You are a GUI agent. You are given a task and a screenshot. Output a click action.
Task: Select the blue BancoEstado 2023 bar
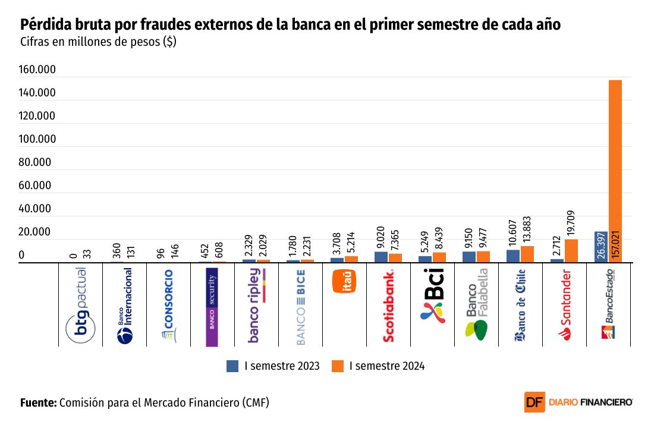tap(600, 247)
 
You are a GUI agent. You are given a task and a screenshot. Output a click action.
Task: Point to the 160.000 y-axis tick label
tap(37, 70)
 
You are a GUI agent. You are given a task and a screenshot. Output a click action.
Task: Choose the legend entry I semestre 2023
tap(273, 366)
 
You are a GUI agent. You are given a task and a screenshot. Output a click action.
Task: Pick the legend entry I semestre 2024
tap(379, 366)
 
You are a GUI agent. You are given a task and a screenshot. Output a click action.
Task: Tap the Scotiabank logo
tap(389, 306)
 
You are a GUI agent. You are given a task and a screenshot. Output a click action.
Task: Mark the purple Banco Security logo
tap(212, 307)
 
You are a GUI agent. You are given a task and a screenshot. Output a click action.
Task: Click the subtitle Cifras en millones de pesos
tap(98, 42)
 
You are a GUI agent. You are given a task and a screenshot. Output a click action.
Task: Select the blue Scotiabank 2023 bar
tap(381, 257)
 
